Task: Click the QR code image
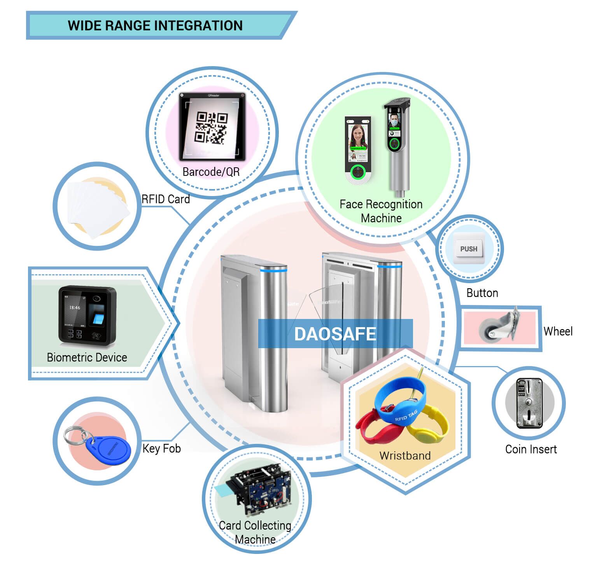tap(211, 127)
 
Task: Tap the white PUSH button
tap(469, 249)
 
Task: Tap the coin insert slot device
tap(529, 403)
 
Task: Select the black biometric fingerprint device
tap(88, 315)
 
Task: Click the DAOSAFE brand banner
tap(335, 334)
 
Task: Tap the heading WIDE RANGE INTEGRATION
tap(155, 26)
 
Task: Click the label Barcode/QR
tap(211, 172)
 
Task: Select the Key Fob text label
tap(161, 449)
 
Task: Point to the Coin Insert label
tap(531, 449)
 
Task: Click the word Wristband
tap(405, 456)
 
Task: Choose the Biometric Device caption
tap(87, 357)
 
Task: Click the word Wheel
tap(558, 331)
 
